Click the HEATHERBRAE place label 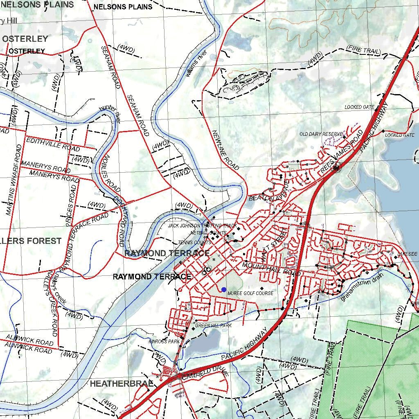122,384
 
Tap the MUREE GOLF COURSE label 250,293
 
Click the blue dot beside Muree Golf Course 223,290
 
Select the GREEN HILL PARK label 213,326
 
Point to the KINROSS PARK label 164,341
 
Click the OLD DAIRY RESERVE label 321,134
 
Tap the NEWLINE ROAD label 225,150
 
